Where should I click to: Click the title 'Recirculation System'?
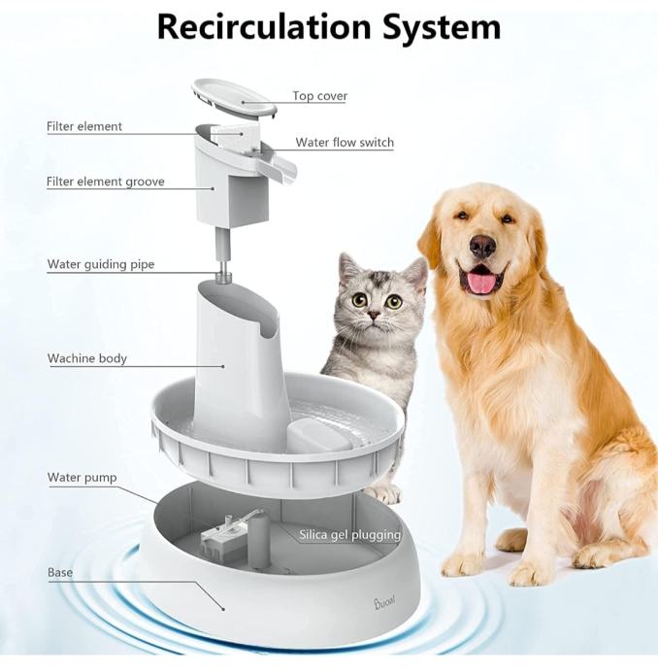tap(329, 27)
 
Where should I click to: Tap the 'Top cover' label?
tap(320, 96)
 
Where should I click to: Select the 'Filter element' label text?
tap(84, 126)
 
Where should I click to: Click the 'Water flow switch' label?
tap(345, 143)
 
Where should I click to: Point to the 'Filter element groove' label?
tap(106, 182)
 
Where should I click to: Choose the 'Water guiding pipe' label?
tap(101, 264)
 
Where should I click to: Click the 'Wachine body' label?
tap(87, 358)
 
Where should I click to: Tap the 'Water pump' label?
tap(82, 478)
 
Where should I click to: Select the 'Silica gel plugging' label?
tap(349, 535)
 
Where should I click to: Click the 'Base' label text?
tap(60, 573)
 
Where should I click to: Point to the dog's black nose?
tap(482, 246)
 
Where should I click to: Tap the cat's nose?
tap(374, 316)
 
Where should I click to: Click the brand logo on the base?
tap(384, 602)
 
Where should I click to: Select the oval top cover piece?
tap(234, 98)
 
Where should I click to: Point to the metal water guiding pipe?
tap(222, 255)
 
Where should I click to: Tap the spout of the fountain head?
tap(278, 165)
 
